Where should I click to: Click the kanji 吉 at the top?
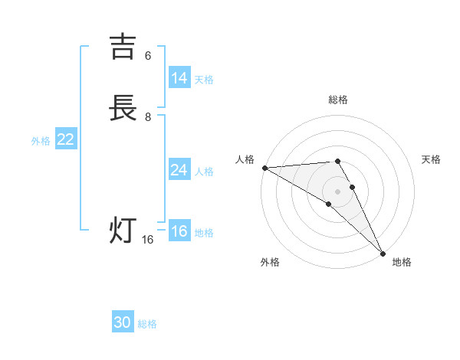point(123,47)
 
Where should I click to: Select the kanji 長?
point(123,108)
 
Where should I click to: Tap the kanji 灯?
point(123,230)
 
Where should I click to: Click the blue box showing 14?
point(179,78)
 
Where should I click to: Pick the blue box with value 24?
point(179,170)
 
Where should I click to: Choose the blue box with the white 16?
point(179,231)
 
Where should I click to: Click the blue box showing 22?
point(66,139)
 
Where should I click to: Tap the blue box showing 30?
point(123,322)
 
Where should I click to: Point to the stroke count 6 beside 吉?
point(148,56)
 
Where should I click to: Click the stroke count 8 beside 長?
point(148,117)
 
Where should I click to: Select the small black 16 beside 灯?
point(148,240)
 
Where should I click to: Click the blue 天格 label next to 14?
point(204,80)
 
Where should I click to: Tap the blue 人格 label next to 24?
point(204,172)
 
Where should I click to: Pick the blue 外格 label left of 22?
point(41,141)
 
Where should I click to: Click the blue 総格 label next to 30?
point(147,324)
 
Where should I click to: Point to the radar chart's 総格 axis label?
point(338,100)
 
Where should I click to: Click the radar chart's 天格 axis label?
point(432,159)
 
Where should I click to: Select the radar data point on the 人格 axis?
point(264,168)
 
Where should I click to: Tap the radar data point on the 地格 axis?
point(383,254)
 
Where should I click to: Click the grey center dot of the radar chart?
point(338,191)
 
